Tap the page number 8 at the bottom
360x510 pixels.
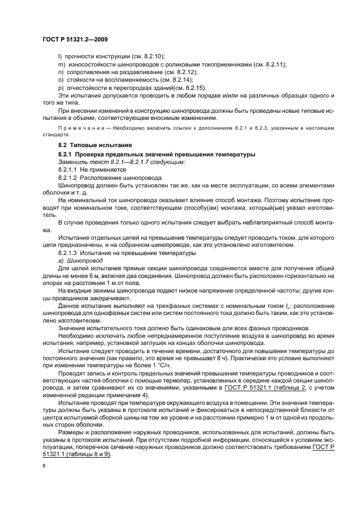pos(44,466)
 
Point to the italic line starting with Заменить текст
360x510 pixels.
pos(121,162)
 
